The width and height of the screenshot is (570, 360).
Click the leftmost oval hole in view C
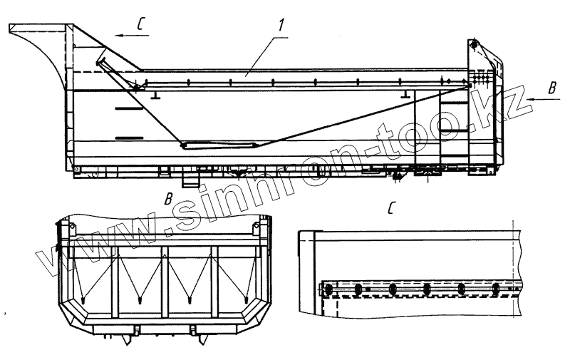tap(328, 289)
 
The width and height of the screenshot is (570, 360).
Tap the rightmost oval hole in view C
tap(496, 289)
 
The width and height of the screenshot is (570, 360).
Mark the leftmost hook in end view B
tap(83, 299)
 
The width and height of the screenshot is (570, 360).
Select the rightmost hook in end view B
tap(246, 299)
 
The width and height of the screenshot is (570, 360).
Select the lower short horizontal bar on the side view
tap(130, 135)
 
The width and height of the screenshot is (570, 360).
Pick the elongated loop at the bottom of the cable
tap(217, 145)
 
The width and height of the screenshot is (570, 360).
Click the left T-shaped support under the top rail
tap(154, 93)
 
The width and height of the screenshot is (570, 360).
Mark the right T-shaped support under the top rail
tap(405, 93)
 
